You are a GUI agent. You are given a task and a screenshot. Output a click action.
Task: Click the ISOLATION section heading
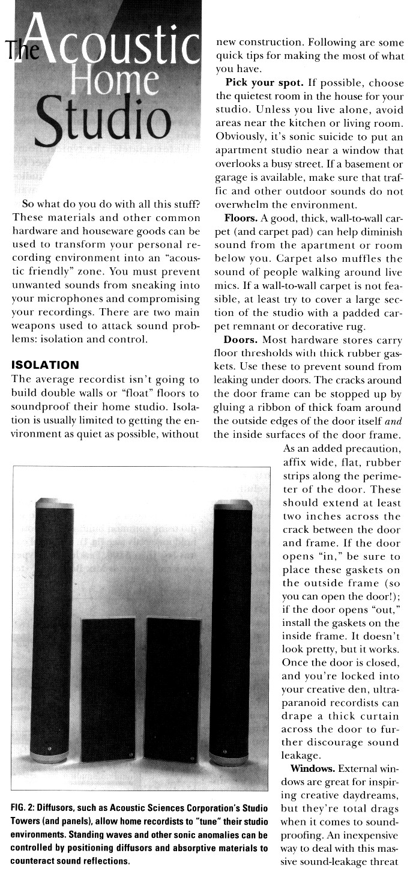(45, 365)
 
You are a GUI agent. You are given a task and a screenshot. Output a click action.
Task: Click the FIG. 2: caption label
(26, 808)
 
